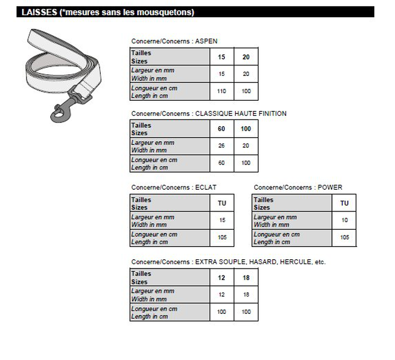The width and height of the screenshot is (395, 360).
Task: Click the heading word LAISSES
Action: coord(39,12)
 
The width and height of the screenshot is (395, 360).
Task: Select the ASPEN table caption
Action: coord(174,41)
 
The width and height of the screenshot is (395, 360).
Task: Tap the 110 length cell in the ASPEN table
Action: coord(221,92)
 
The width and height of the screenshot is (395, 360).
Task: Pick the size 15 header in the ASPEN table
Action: coord(221,57)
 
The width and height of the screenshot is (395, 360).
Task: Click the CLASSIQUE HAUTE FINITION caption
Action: coord(209,113)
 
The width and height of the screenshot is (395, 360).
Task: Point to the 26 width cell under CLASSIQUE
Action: coord(221,146)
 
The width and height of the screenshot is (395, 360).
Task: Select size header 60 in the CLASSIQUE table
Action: coord(221,129)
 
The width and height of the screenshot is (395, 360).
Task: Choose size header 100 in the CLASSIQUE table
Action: coord(246,129)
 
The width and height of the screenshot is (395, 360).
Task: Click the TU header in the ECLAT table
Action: coord(222,204)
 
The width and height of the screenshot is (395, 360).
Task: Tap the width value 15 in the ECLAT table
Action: coord(222,220)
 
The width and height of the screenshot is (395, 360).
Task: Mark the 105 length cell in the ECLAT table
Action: coord(222,237)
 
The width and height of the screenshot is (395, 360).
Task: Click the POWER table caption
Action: coord(298,187)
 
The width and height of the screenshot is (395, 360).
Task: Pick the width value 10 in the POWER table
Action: coord(344,220)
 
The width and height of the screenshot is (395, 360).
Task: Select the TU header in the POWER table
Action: coord(344,204)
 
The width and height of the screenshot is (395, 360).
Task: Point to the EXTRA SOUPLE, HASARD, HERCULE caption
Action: coord(228,262)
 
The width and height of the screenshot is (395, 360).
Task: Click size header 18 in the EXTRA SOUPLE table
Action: coord(246,278)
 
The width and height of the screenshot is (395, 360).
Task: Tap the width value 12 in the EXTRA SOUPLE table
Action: coord(221,295)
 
